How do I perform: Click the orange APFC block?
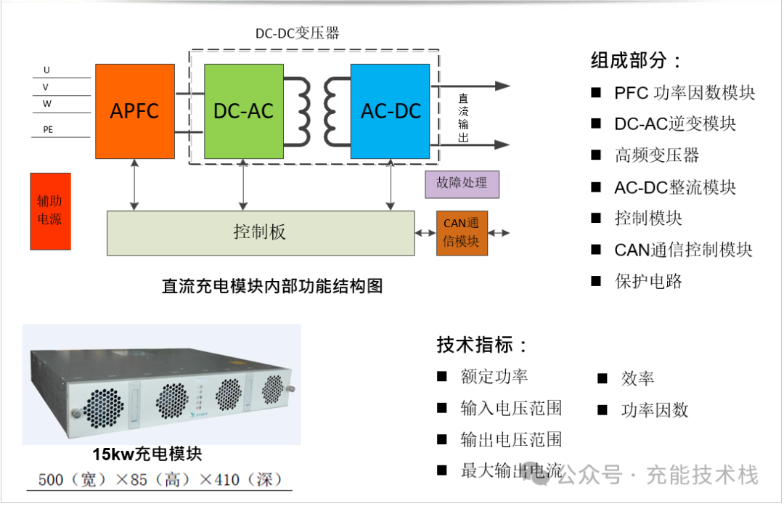coord(135,111)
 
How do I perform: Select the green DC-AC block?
coord(243,111)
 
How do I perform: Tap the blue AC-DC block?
coord(391,111)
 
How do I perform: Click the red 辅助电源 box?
coord(50,211)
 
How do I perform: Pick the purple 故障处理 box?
coord(462,183)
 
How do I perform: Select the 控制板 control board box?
coord(261,232)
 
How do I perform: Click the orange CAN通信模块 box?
coord(462,232)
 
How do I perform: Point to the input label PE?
coord(49,130)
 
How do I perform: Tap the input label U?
coord(47,70)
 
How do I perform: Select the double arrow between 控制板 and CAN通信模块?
coord(425,233)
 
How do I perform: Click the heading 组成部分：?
coord(636,60)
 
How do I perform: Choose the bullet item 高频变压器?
coord(656,155)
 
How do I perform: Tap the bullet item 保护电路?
coord(648,281)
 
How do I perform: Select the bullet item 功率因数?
coord(654,410)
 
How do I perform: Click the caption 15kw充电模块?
coord(147,455)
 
